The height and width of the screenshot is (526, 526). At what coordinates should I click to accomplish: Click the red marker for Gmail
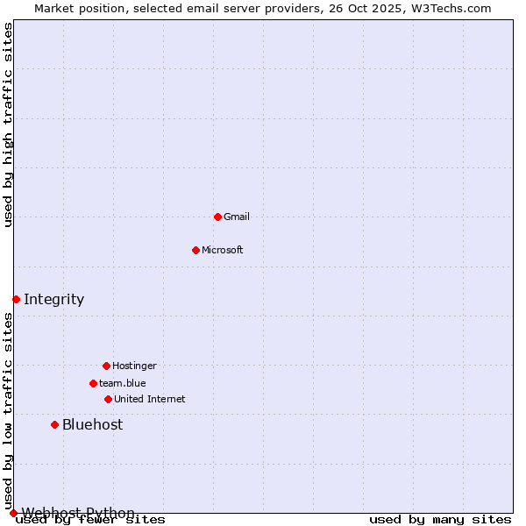(x=217, y=217)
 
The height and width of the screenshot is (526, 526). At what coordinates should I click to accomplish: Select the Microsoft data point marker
(x=195, y=250)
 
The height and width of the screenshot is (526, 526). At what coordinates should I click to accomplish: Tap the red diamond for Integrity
(x=16, y=299)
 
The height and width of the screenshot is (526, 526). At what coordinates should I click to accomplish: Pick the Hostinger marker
(x=106, y=366)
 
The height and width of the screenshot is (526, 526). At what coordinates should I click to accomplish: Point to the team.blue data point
(x=93, y=383)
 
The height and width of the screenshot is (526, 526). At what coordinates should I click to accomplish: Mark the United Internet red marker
(x=108, y=399)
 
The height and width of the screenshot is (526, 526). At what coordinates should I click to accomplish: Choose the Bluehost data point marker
(x=54, y=424)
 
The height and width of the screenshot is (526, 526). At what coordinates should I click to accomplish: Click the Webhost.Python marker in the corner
(x=13, y=513)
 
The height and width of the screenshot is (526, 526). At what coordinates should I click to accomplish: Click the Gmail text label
(x=237, y=217)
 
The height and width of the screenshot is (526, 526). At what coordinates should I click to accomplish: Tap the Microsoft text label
(x=223, y=250)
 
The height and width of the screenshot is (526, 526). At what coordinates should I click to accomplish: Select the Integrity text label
(x=53, y=299)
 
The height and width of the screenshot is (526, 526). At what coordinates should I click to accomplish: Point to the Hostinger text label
(x=134, y=366)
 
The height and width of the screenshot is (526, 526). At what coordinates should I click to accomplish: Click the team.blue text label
(x=123, y=383)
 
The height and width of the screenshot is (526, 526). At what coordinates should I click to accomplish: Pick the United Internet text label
(x=150, y=399)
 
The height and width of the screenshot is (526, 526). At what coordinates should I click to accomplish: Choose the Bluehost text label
(x=92, y=424)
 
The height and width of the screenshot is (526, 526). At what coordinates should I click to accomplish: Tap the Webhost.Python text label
(x=78, y=512)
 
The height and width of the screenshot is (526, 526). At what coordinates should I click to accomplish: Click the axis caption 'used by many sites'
(x=440, y=520)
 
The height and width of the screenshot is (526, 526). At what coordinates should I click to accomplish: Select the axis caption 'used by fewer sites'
(x=90, y=520)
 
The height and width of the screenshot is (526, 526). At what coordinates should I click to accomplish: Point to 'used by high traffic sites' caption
(x=8, y=124)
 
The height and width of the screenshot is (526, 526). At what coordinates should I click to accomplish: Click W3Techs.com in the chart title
(x=452, y=8)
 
